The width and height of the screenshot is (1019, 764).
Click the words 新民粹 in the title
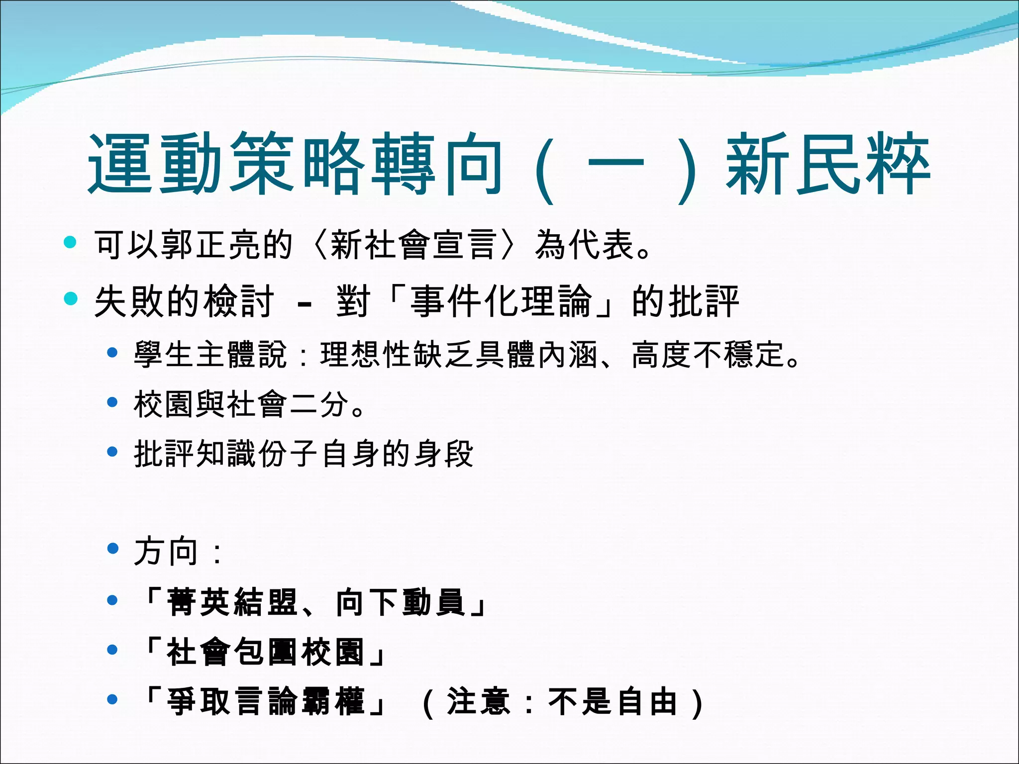[828, 164]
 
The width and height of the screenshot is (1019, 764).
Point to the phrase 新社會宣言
[414, 245]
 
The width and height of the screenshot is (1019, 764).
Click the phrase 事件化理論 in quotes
[501, 301]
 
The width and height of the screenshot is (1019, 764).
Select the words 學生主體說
[210, 355]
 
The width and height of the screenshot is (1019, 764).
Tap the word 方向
[166, 551]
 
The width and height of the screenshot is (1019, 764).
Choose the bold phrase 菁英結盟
[232, 602]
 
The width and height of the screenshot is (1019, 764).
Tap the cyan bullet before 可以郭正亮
[70, 243]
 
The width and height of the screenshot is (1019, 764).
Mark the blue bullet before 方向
[113, 549]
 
